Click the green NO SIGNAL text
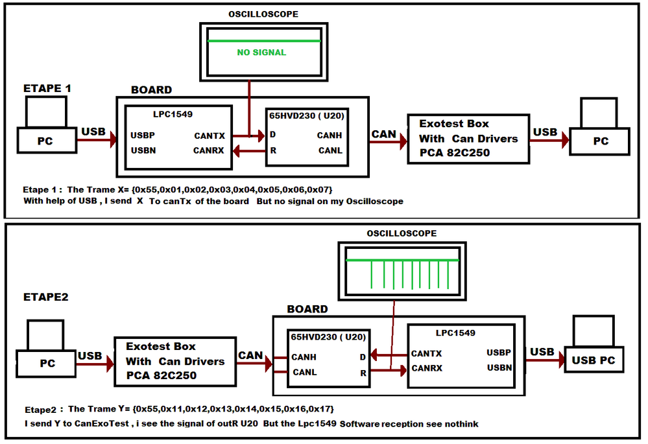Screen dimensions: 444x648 tap(261, 52)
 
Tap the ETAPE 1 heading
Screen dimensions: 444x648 tap(47, 88)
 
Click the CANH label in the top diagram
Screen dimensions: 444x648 tap(330, 135)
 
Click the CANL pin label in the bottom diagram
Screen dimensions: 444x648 tap(304, 373)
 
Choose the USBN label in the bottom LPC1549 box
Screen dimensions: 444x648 tap(499, 368)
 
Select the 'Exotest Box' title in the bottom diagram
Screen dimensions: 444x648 tap(160, 346)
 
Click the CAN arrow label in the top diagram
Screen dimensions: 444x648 tap(385, 134)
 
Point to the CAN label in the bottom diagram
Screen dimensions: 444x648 tap(250, 355)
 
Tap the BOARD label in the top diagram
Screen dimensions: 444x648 tap(151, 90)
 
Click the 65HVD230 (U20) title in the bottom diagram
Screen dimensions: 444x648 tap(328, 337)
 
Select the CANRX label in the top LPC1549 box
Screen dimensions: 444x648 tap(210, 150)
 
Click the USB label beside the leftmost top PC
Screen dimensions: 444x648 tap(93, 132)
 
